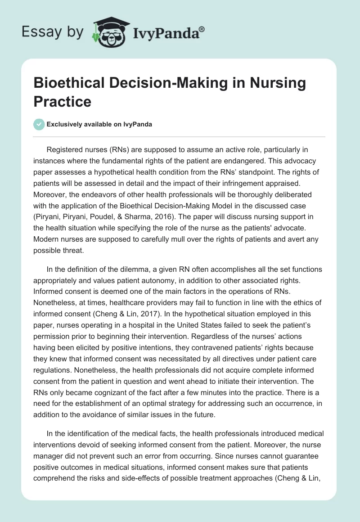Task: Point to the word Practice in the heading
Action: point(63,101)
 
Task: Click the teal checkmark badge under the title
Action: point(39,124)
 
